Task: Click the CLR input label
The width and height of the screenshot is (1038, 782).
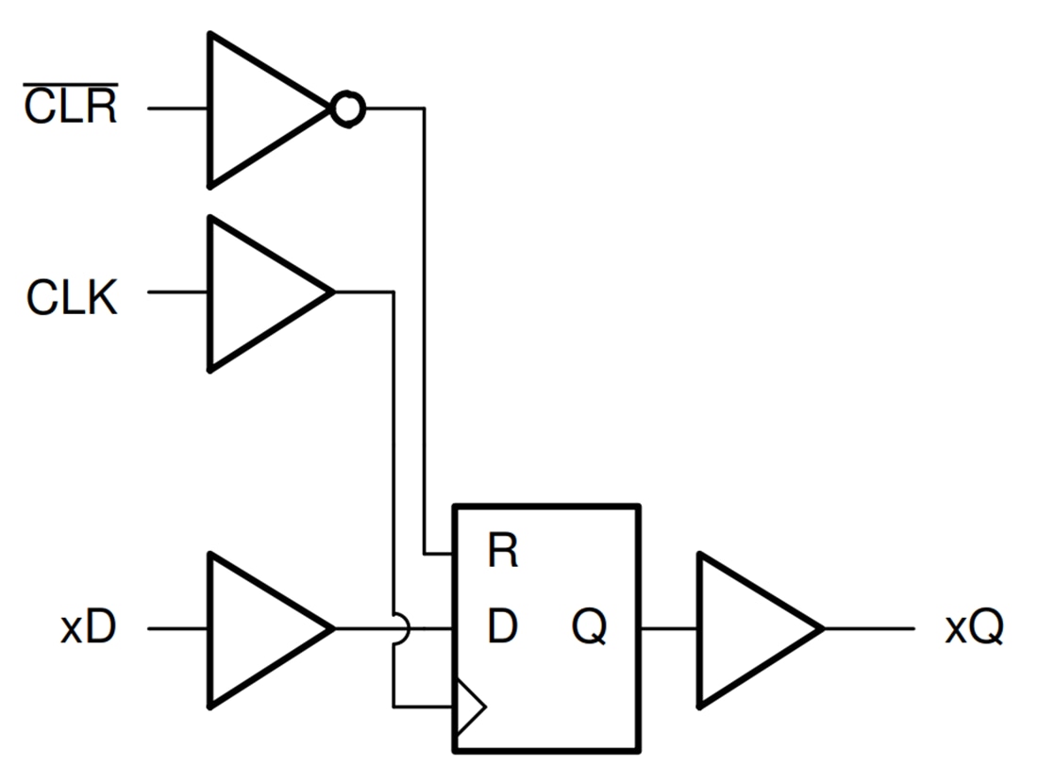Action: pyautogui.click(x=71, y=108)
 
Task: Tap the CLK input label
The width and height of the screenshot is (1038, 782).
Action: pyautogui.click(x=72, y=299)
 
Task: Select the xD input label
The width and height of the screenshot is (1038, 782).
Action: pyautogui.click(x=88, y=628)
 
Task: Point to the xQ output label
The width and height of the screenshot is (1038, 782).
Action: pyautogui.click(x=974, y=628)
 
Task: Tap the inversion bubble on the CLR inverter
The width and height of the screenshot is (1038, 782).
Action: pyautogui.click(x=347, y=109)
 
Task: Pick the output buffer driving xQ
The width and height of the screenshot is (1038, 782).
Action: pyautogui.click(x=750, y=628)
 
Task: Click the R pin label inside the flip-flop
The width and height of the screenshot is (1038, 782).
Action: pyautogui.click(x=502, y=553)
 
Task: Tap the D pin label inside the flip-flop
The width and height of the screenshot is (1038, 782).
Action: pyautogui.click(x=502, y=626)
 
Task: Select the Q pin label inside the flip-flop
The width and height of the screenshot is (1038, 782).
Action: pyautogui.click(x=590, y=626)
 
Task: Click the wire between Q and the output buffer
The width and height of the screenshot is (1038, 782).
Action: pyautogui.click(x=668, y=628)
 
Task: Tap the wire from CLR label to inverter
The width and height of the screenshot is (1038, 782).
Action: pyautogui.click(x=177, y=109)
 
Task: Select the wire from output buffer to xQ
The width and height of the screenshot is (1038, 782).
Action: pyautogui.click(x=868, y=628)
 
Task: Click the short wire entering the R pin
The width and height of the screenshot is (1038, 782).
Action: pyautogui.click(x=439, y=553)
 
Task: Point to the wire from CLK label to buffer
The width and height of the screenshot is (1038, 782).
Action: pyautogui.click(x=177, y=292)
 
